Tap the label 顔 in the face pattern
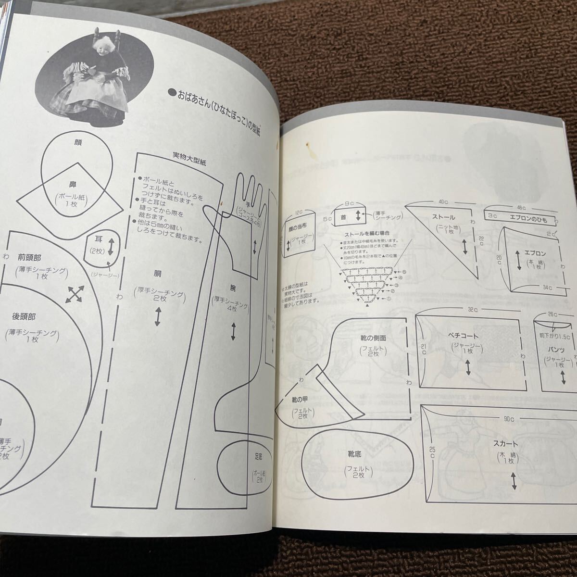78,142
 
